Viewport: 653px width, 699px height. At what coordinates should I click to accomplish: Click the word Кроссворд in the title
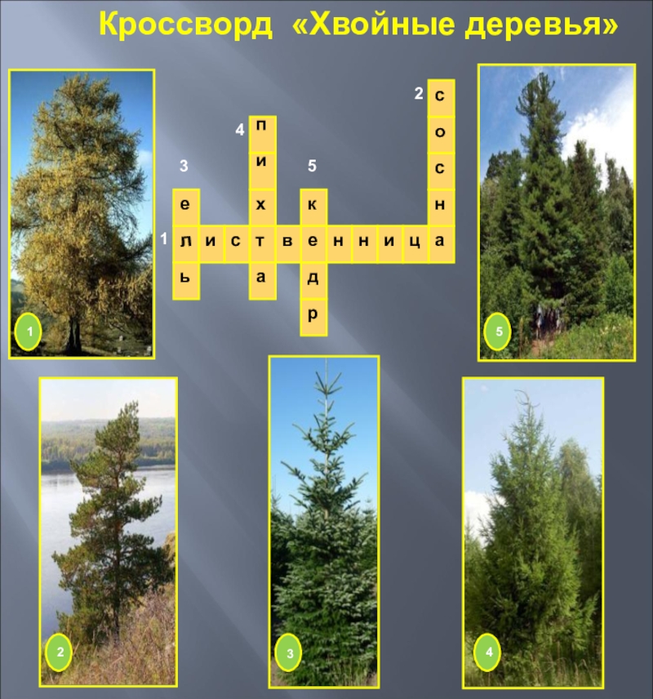(185, 24)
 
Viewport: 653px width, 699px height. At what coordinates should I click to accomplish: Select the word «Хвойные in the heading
(373, 24)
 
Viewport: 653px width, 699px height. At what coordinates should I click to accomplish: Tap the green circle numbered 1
(29, 332)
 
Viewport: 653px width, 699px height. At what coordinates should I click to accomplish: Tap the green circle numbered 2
(60, 652)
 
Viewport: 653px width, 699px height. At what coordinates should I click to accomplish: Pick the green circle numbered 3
(289, 652)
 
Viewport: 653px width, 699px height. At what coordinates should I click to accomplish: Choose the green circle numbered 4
(488, 652)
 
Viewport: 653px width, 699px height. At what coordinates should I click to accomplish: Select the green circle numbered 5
(498, 332)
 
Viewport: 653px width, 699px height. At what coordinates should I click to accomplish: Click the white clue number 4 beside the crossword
(240, 130)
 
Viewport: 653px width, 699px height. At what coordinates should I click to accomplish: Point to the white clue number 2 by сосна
(419, 94)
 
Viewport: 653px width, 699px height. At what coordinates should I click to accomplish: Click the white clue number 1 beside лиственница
(164, 239)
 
